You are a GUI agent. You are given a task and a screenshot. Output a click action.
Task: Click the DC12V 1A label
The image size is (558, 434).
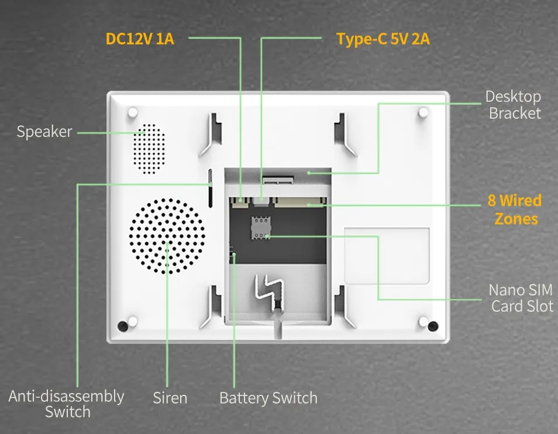click(x=140, y=39)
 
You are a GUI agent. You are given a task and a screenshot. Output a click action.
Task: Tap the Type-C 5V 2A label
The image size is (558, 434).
click(x=383, y=39)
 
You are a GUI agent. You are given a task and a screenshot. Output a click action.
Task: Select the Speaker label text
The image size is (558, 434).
click(x=44, y=132)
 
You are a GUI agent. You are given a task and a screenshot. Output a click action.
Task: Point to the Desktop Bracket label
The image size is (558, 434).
click(x=514, y=105)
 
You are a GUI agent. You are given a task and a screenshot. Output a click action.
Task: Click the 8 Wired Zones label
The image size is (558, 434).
click(x=515, y=209)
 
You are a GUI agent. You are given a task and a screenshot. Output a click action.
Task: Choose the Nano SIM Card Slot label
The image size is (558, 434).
click(x=521, y=298)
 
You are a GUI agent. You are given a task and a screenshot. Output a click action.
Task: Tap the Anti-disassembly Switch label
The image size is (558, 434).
click(x=67, y=404)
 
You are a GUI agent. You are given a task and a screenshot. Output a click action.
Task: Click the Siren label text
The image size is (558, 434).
click(x=170, y=398)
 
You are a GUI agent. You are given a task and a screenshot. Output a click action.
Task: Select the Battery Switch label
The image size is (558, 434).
click(x=268, y=398)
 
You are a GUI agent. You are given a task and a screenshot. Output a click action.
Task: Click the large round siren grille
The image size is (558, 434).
click(x=167, y=236)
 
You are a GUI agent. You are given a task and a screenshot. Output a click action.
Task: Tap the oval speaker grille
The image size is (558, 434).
click(x=149, y=149)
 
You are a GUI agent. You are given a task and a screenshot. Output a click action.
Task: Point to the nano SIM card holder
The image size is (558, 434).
click(x=261, y=228)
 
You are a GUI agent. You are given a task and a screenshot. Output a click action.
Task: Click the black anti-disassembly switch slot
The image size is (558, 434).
click(x=211, y=188)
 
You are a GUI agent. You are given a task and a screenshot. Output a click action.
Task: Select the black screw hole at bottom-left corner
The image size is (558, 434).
click(x=123, y=326)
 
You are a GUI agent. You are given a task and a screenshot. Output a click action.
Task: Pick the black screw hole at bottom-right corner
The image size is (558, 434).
click(x=433, y=326)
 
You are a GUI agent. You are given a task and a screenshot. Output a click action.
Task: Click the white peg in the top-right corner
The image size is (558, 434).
click(x=423, y=113)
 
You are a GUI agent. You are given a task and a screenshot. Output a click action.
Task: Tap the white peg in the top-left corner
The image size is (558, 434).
click(x=132, y=113)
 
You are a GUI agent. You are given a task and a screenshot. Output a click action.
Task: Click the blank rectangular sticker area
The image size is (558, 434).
click(x=387, y=256)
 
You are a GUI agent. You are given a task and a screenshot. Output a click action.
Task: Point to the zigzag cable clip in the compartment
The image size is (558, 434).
click(x=270, y=291)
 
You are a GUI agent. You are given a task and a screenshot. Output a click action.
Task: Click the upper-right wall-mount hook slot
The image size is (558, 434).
click(x=344, y=135)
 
